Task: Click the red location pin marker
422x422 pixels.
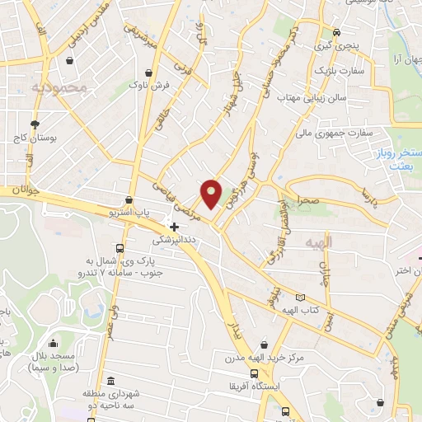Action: (211, 193)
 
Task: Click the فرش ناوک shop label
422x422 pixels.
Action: (148, 85)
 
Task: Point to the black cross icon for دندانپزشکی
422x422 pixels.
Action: (173, 226)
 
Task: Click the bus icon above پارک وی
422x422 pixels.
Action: (121, 248)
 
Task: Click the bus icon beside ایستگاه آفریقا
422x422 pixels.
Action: (285, 410)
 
